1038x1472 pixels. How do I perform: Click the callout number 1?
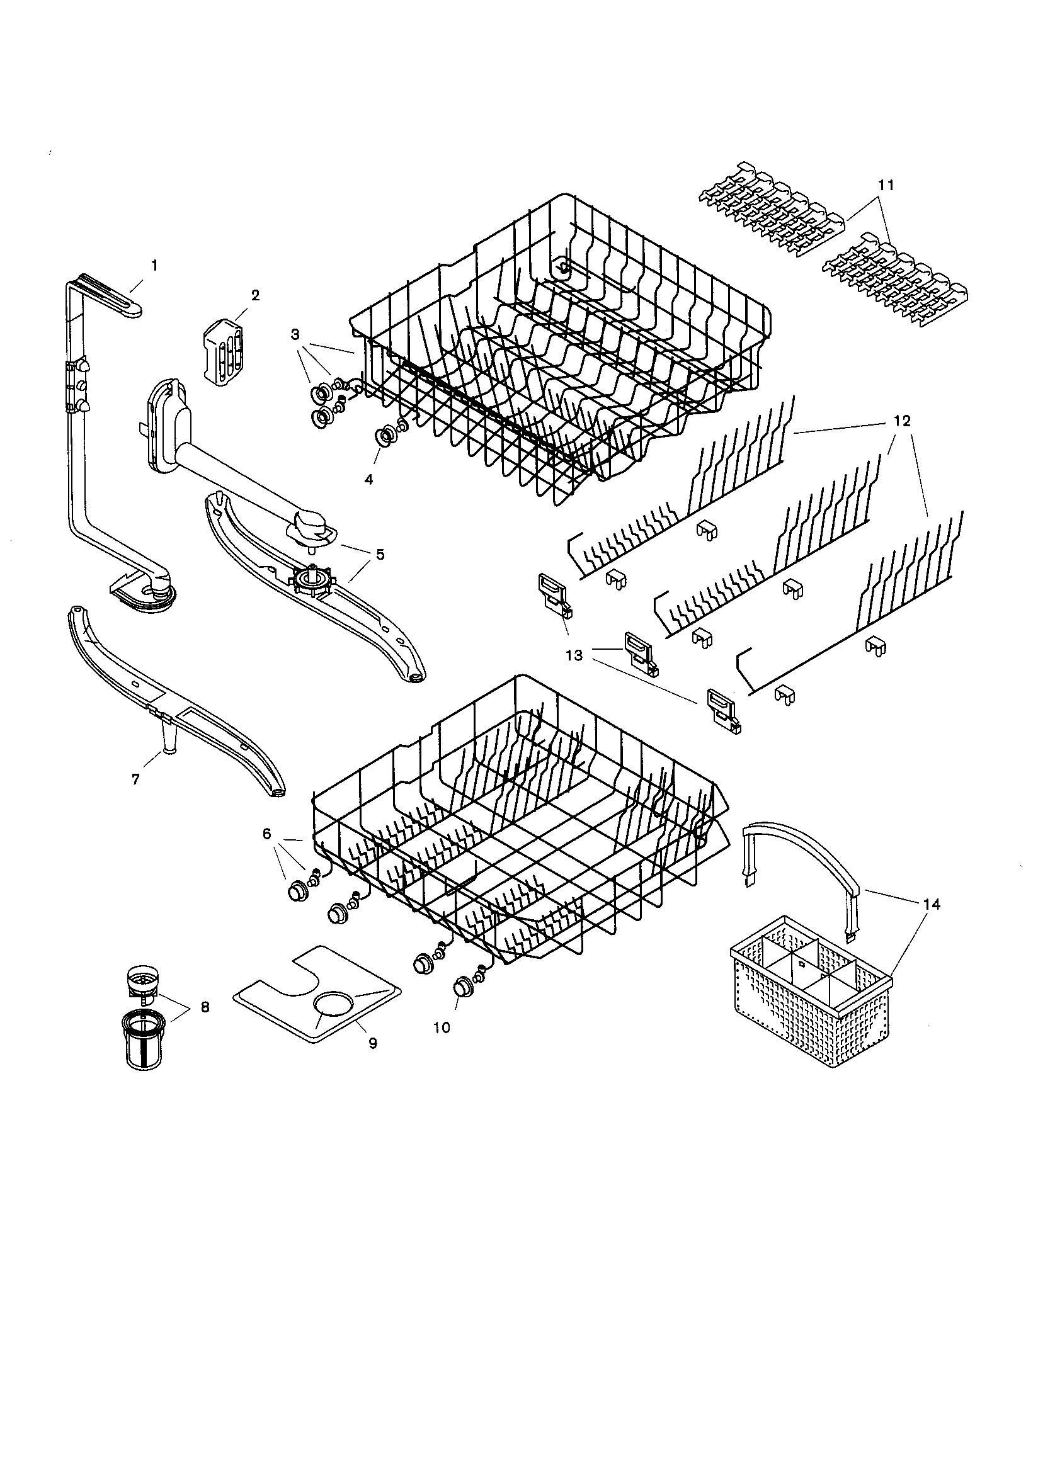tap(153, 264)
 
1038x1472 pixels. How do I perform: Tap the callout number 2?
tap(255, 295)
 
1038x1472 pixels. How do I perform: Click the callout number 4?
tap(368, 479)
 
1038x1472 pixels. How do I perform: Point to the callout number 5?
tap(380, 554)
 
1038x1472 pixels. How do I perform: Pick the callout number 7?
tap(135, 779)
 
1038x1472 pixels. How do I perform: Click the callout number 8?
tap(204, 1007)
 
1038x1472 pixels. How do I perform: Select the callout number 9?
tap(372, 1043)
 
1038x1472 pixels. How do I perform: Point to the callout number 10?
tap(442, 1027)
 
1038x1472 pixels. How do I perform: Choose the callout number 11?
tap(886, 184)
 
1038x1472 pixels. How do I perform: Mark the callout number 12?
tap(901, 421)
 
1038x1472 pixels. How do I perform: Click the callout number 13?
tap(574, 655)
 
